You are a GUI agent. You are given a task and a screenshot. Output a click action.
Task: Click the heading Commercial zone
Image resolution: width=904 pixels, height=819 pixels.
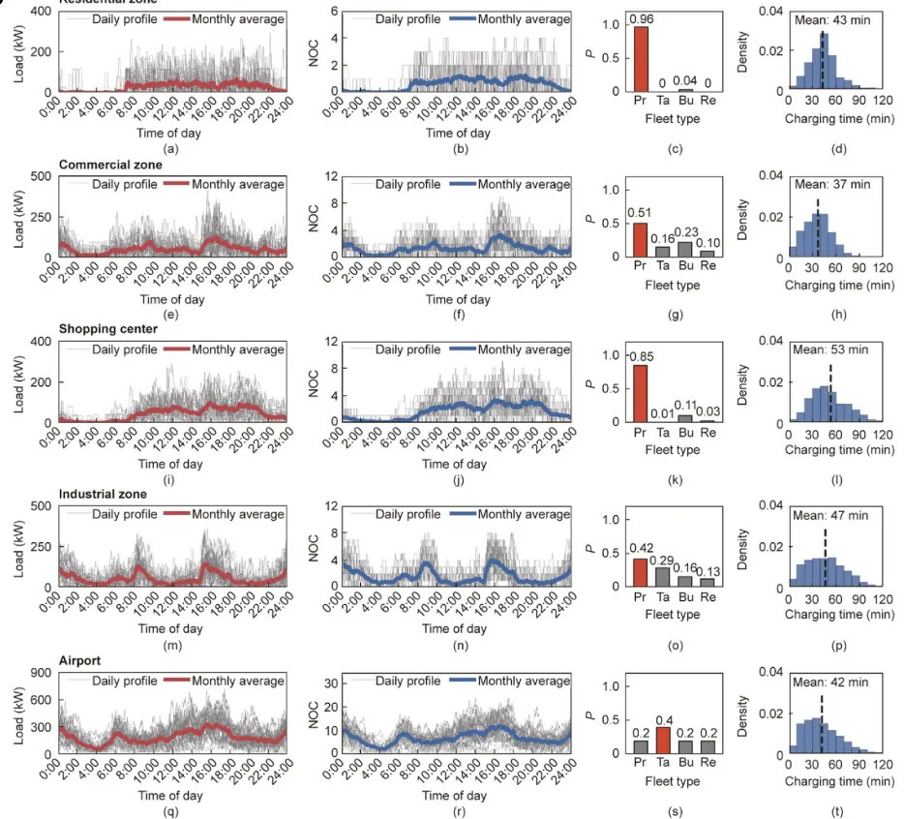click(110, 165)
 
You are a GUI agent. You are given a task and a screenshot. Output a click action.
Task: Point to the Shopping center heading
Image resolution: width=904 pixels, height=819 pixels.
click(108, 329)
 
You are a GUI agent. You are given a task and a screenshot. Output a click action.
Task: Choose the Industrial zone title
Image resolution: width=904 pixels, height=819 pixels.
click(103, 494)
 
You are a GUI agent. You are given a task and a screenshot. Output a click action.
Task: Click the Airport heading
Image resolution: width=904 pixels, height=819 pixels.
click(79, 659)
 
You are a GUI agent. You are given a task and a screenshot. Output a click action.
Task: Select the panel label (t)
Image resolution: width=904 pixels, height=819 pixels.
click(836, 808)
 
